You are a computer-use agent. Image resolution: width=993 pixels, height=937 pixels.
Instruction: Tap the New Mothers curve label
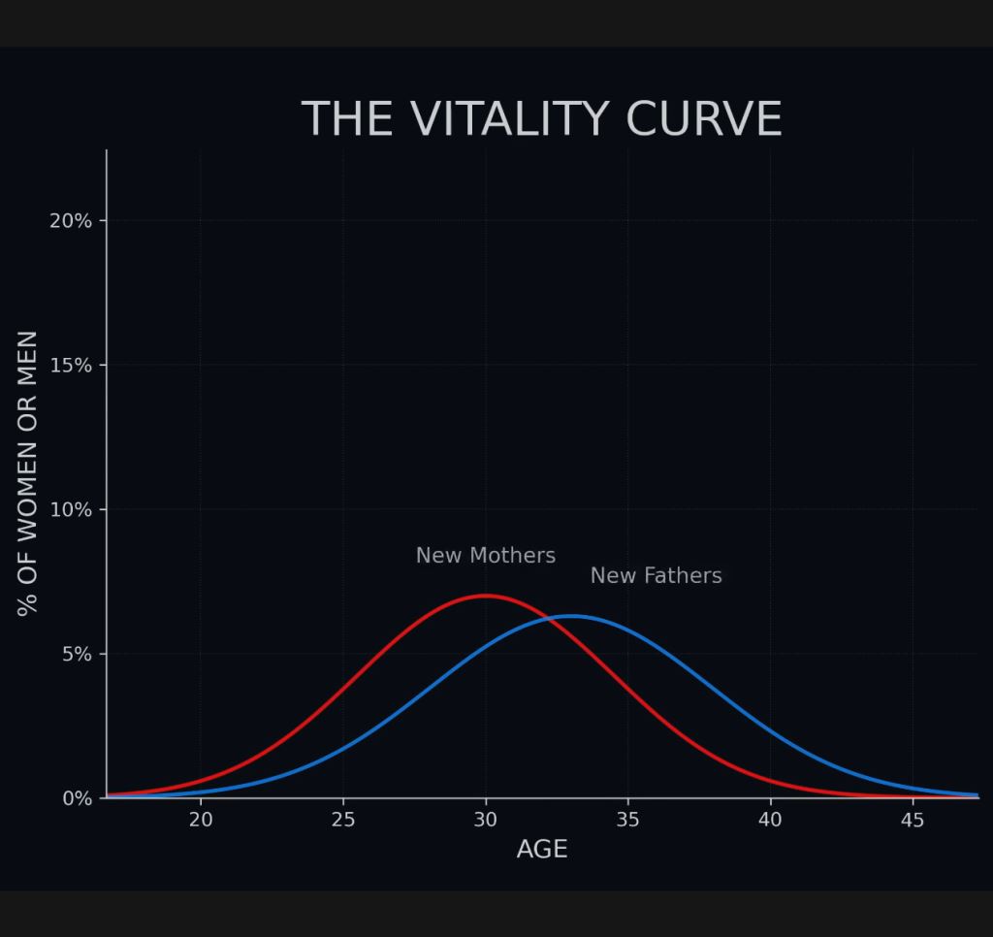click(x=485, y=556)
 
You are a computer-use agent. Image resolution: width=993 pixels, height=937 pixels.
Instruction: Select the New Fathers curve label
click(x=656, y=576)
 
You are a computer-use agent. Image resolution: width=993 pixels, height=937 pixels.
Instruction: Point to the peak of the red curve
click(x=485, y=596)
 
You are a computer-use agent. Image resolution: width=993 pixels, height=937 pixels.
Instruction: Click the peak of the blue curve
click(x=571, y=616)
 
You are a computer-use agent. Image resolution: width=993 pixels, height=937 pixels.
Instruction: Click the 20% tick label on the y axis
click(x=71, y=221)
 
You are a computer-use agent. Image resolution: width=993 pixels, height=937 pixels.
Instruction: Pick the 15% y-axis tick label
click(x=71, y=366)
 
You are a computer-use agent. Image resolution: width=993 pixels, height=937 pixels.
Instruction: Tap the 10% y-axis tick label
click(x=71, y=510)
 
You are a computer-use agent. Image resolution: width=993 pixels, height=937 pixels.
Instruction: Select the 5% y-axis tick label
click(x=77, y=655)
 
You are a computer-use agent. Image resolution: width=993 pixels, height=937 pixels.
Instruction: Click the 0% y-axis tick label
click(x=77, y=798)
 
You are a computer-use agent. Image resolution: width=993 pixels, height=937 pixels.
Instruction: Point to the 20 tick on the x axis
click(x=201, y=821)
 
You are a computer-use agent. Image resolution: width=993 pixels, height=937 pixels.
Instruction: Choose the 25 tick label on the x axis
click(x=343, y=821)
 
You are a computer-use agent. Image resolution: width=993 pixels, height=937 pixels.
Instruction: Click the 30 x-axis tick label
click(x=485, y=821)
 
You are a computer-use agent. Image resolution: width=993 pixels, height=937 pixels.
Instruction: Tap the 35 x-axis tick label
click(x=627, y=821)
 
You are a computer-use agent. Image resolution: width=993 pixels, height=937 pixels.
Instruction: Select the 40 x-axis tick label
click(x=770, y=821)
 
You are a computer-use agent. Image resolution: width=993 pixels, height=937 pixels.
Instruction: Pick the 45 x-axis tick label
click(x=913, y=821)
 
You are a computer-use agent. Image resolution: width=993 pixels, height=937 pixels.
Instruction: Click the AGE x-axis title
click(x=542, y=850)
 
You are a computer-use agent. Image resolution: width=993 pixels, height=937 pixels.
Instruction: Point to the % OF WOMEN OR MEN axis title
click(x=28, y=473)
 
